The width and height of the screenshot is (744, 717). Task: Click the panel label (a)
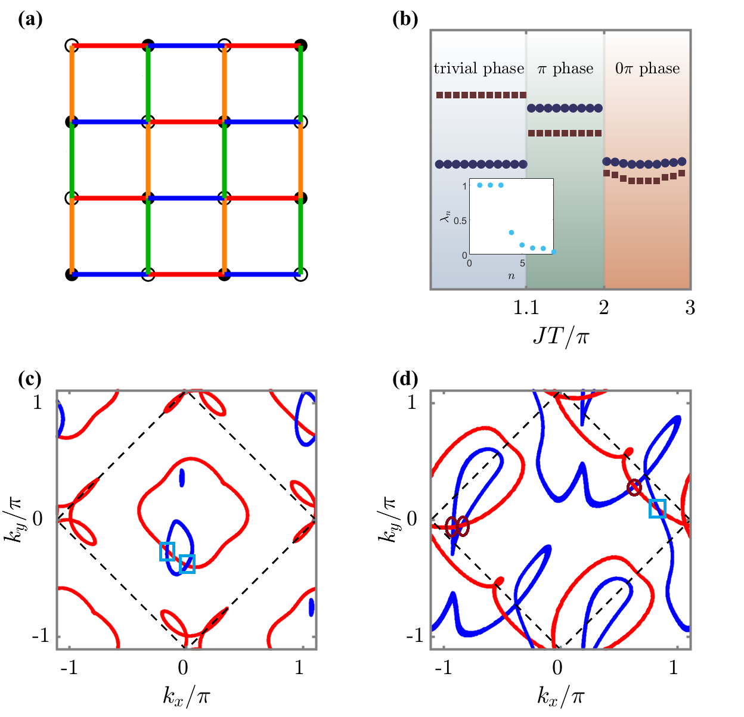[30, 20]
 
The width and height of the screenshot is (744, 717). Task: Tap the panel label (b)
[405, 20]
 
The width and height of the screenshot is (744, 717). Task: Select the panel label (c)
[30, 379]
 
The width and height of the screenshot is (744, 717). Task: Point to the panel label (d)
[405, 379]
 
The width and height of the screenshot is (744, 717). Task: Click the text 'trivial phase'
[479, 69]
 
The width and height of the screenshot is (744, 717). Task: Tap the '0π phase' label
[647, 69]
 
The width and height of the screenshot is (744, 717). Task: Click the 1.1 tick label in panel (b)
[526, 308]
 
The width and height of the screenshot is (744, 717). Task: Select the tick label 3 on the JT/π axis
[690, 308]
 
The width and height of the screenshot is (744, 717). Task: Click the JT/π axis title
[560, 337]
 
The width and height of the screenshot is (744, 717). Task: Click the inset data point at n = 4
[511, 232]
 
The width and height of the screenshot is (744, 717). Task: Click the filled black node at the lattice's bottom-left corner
[72, 275]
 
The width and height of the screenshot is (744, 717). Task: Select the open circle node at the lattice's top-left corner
[72, 45]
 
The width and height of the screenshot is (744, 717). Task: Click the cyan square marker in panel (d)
[658, 509]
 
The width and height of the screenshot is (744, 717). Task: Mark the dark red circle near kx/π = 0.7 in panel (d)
[634, 488]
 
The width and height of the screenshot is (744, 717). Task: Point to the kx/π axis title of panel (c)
[186, 695]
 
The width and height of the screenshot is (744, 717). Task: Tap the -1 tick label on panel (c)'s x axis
[69, 668]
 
